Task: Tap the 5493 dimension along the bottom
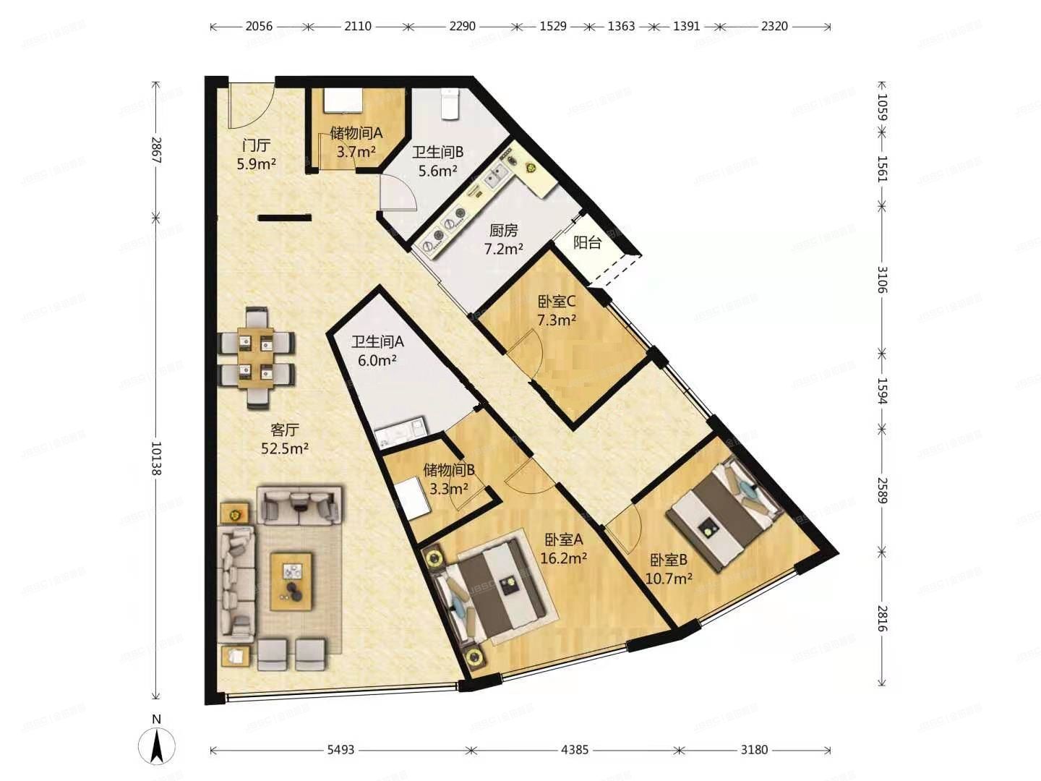[341, 750]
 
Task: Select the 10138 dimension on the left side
[156, 459]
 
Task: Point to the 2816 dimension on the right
[882, 618]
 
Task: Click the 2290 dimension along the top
[463, 26]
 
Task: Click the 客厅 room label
[285, 430]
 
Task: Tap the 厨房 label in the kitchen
[504, 231]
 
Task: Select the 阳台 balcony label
[588, 243]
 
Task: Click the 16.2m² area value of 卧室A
[564, 558]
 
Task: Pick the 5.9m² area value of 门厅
[256, 164]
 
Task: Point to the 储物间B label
[449, 470]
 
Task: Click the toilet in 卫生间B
[450, 104]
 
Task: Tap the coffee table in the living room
[291, 581]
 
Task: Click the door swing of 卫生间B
[398, 192]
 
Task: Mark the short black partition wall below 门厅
[285, 218]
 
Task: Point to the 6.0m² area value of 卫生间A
[377, 361]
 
